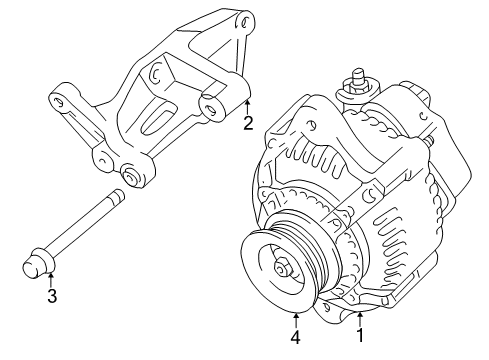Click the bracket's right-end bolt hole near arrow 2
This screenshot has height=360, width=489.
pos(209,106)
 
